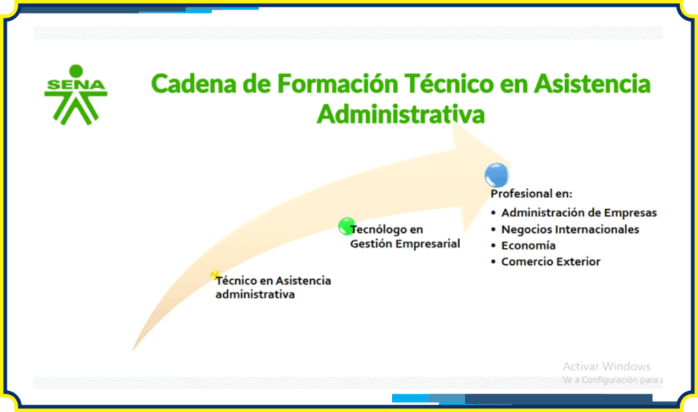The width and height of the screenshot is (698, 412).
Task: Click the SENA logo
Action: coord(76,95)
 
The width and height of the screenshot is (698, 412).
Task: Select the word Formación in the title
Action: coord(337,84)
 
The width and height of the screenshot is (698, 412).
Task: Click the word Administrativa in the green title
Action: coord(401,114)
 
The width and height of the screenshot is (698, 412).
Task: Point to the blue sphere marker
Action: coord(496,175)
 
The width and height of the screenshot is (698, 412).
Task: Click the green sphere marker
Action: coord(346,226)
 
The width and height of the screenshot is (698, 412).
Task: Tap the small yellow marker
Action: coord(215,275)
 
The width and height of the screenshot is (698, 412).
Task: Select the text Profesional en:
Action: coord(531,194)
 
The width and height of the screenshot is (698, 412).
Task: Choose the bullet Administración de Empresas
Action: coord(574,212)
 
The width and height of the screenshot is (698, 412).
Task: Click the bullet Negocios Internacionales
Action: coord(565,229)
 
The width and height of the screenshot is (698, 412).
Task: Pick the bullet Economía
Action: coord(523,246)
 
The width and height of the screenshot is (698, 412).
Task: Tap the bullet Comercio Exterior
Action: coord(545,262)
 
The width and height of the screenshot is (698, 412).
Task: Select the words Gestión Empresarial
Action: coord(405,244)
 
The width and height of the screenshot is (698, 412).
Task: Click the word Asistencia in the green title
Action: coord(592,84)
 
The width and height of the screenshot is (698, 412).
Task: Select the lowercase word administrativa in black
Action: coord(255,295)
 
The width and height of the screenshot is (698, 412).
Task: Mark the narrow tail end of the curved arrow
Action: coord(133,349)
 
